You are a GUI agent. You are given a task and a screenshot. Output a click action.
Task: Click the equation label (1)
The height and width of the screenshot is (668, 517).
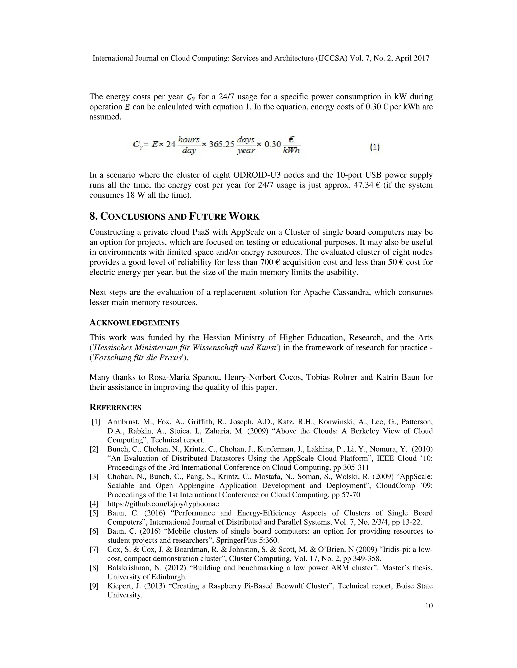tap(375, 147)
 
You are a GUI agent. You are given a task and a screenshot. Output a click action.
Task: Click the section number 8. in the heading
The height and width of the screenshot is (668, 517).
tap(93, 217)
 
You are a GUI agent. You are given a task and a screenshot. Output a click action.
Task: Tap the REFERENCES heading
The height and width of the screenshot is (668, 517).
tap(115, 407)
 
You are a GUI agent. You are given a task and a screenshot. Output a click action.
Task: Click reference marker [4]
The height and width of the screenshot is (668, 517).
tap(94, 504)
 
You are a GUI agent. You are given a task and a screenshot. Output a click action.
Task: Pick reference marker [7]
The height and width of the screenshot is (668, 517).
tap(94, 549)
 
